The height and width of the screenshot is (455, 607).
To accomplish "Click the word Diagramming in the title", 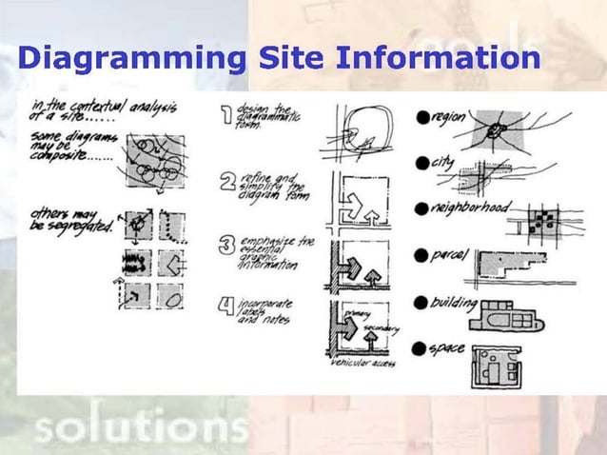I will pyautogui.click(x=130, y=59).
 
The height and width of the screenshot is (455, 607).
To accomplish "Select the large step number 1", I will pyautogui.click(x=227, y=115).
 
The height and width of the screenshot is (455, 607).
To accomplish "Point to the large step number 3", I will pyautogui.click(x=227, y=245).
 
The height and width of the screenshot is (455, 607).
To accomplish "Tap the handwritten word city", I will pyautogui.click(x=443, y=162).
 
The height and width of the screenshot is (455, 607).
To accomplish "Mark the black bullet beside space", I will pyautogui.click(x=420, y=350).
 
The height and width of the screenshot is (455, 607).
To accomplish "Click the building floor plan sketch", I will pyautogui.click(x=506, y=317).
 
